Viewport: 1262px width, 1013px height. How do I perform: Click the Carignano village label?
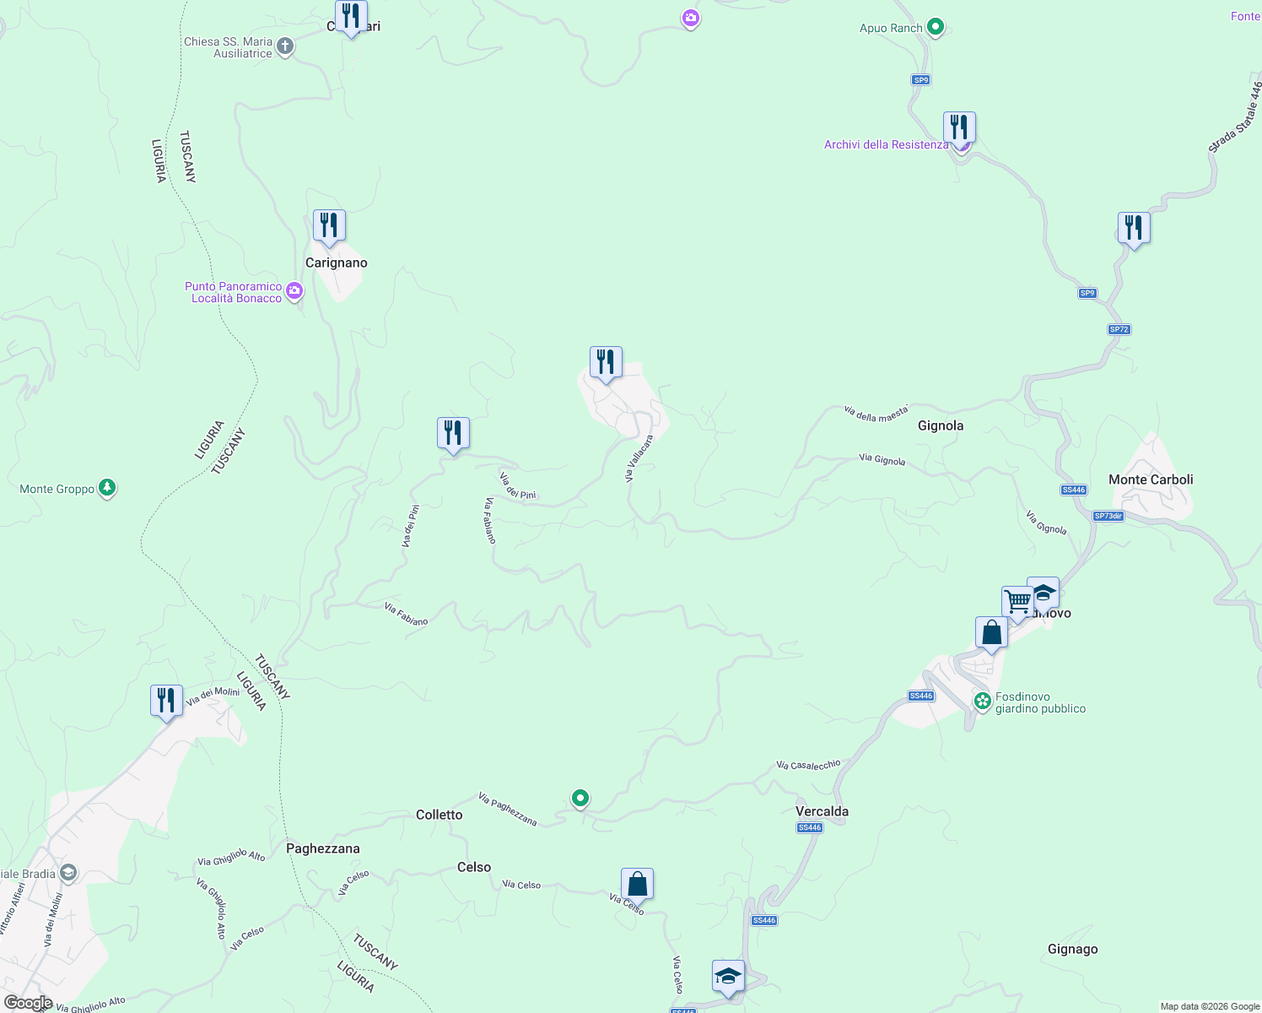336,263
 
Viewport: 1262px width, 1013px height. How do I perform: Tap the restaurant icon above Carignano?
329,225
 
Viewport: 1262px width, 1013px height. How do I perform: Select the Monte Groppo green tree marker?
107,489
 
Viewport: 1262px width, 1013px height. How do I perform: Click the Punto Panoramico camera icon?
294,292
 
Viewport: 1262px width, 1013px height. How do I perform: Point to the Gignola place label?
940,425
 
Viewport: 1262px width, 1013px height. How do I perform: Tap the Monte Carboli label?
1151,479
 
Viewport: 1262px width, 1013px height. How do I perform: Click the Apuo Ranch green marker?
935,28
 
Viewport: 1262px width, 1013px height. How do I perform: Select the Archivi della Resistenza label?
886,144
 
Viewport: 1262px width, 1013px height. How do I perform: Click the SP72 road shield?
1119,329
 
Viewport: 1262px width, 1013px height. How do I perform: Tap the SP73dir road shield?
1108,516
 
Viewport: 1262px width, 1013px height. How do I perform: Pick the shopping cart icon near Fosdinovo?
1017,602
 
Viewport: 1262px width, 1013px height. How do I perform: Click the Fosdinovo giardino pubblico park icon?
982,701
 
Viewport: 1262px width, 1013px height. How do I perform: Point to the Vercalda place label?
822,811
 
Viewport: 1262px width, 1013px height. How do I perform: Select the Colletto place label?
439,815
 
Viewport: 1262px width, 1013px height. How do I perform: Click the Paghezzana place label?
322,848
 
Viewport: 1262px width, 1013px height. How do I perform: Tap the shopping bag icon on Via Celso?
637,885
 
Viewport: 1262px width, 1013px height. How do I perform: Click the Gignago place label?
1072,949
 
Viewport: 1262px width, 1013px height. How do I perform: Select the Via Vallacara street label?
639,459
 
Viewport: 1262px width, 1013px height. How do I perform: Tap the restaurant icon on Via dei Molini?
166,701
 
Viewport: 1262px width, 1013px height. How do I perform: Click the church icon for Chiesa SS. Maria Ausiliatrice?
285,46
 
